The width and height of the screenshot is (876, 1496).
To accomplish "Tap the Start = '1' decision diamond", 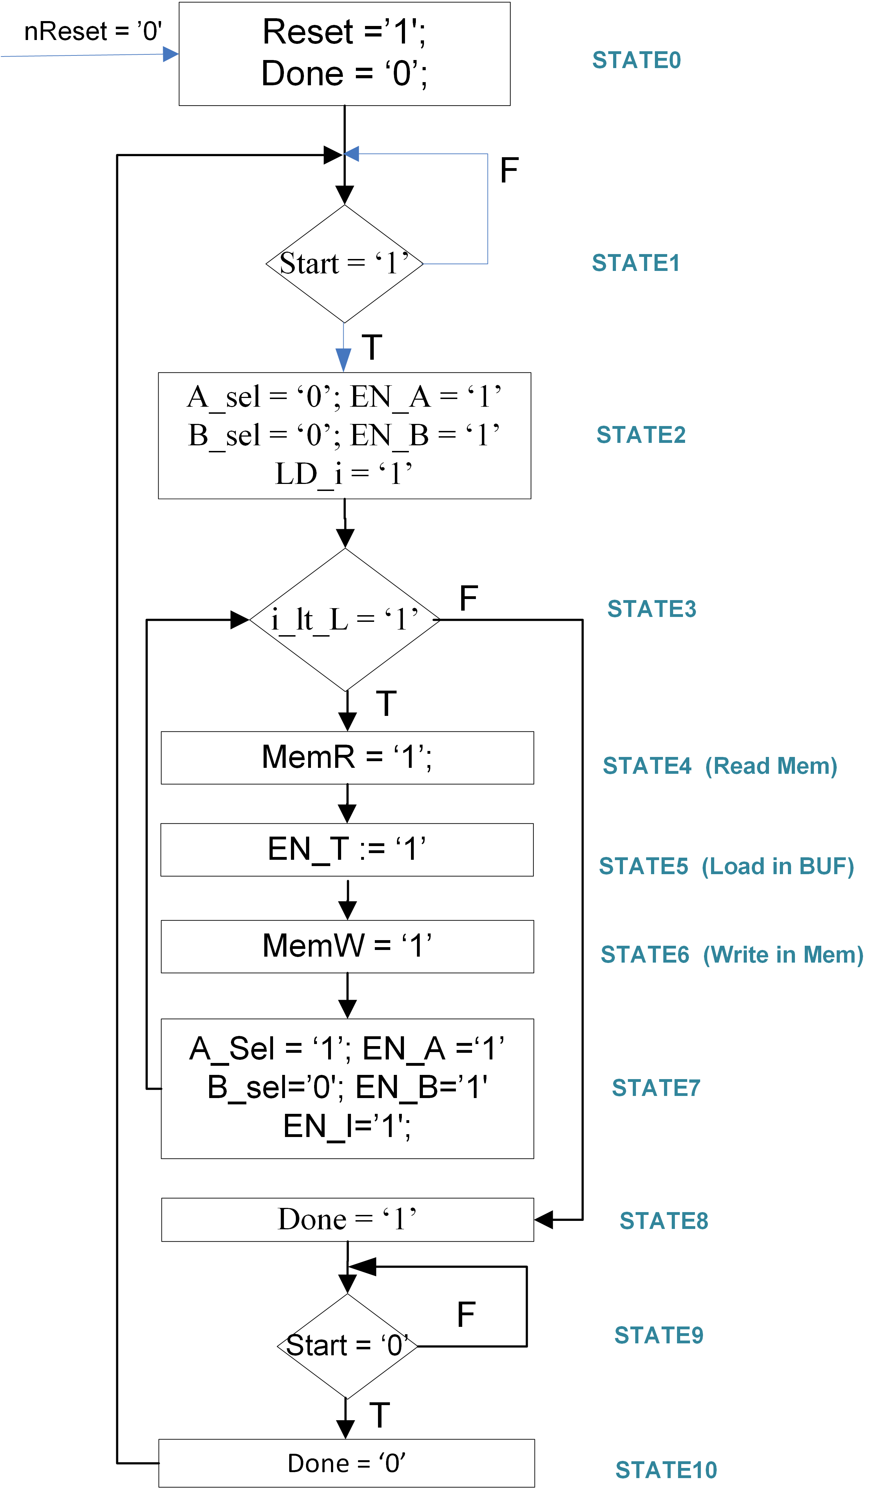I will (344, 264).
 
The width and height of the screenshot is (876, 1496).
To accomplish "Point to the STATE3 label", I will (651, 609).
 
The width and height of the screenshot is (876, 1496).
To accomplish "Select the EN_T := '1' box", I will (347, 850).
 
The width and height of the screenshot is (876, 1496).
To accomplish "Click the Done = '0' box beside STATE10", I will (346, 1463).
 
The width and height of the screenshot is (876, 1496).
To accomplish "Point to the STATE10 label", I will (666, 1470).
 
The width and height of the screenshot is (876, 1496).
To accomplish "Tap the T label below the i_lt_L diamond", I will (386, 704).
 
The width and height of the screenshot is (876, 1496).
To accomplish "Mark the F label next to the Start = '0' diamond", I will (466, 1314).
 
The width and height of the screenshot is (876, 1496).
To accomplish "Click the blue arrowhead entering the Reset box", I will (171, 55).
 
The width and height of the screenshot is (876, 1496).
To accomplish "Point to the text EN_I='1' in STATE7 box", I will (347, 1126).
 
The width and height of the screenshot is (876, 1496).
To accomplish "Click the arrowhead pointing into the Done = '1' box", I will (543, 1220).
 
